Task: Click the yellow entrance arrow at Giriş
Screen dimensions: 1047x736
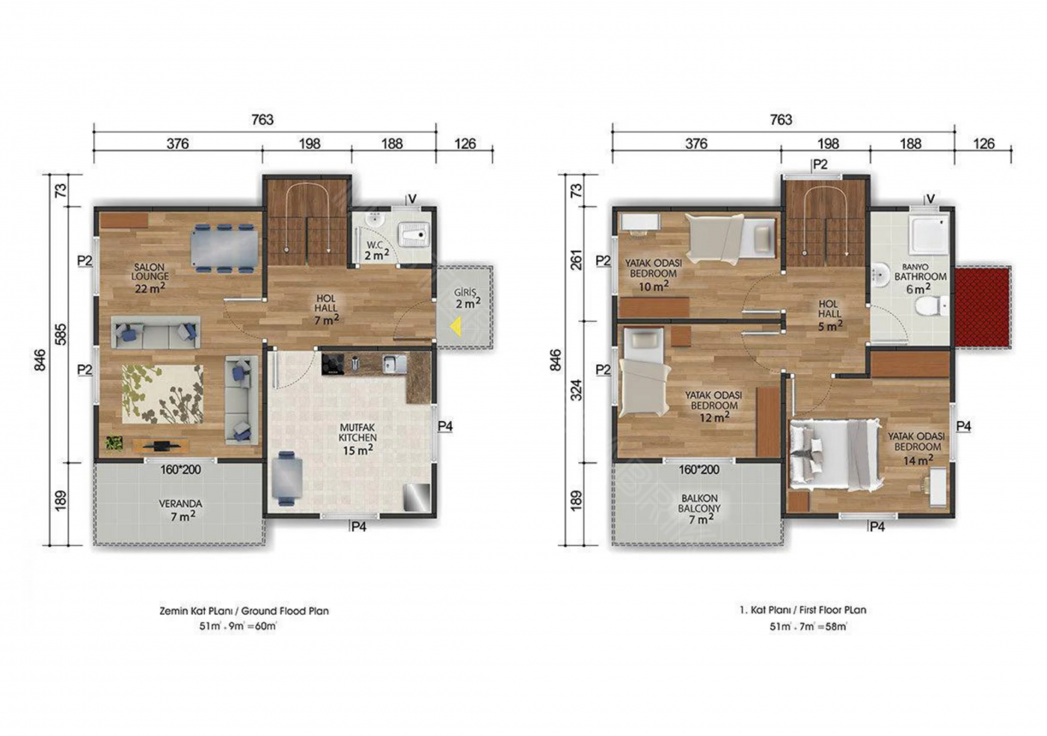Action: [455, 326]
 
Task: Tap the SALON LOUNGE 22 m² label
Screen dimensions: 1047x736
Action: [150, 278]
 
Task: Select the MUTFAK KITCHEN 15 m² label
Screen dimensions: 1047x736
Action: [357, 438]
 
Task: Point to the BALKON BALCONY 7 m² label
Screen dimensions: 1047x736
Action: [699, 509]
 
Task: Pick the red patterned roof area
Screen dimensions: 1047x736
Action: [983, 307]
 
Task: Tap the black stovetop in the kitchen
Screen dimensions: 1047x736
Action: [333, 364]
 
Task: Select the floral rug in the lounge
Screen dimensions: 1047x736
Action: [163, 394]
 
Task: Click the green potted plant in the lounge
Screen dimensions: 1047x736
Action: [114, 442]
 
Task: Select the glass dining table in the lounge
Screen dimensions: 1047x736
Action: [224, 248]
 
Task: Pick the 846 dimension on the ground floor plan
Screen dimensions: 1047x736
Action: [40, 359]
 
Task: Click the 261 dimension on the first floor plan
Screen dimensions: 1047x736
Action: [577, 260]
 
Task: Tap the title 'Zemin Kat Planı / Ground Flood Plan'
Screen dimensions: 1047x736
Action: [244, 610]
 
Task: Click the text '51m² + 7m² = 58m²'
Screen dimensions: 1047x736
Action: [808, 626]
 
